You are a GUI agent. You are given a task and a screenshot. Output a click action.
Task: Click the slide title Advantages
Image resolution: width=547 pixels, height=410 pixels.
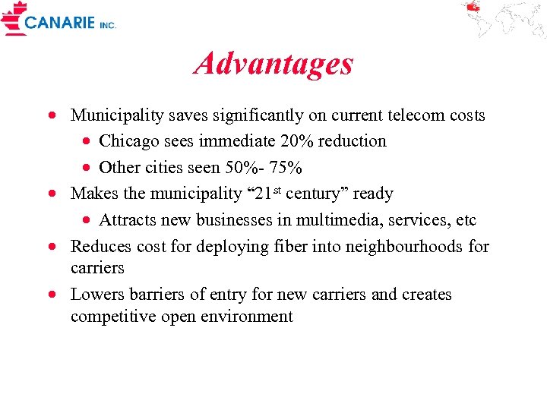(x=273, y=64)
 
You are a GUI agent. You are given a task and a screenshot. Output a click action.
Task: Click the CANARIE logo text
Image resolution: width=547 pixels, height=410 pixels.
(x=60, y=22)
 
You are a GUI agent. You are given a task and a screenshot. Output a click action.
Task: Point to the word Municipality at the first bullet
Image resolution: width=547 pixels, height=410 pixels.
(x=117, y=115)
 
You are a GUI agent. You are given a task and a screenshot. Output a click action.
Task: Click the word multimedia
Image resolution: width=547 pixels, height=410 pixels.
(x=350, y=220)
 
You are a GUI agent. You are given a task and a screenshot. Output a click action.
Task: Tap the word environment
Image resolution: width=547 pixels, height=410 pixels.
(x=247, y=316)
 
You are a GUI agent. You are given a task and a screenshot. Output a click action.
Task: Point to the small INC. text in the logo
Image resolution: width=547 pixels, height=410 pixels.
(x=108, y=25)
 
